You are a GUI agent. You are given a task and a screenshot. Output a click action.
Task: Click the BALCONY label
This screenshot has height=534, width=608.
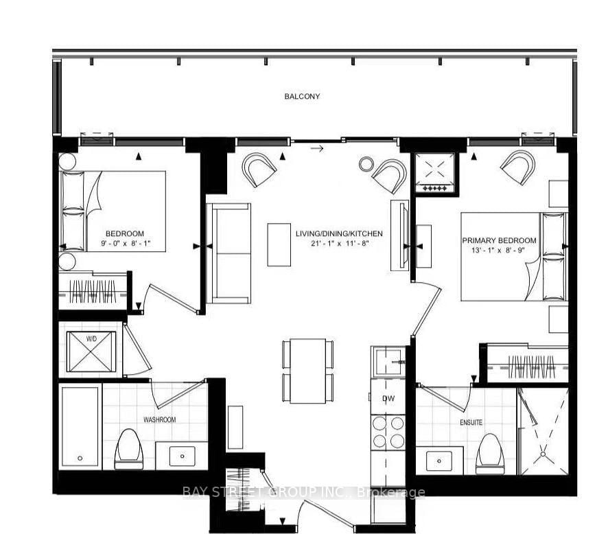(302, 97)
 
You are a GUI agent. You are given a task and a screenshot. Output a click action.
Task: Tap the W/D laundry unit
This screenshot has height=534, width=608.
(91, 349)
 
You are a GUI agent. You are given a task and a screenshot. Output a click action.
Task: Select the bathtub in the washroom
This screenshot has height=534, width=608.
(80, 426)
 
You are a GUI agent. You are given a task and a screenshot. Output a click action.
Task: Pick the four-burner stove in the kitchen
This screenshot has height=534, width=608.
(389, 432)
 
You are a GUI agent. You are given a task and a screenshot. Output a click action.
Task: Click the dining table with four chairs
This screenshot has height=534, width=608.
(307, 371)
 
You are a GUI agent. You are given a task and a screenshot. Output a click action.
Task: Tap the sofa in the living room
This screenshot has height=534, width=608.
(229, 253)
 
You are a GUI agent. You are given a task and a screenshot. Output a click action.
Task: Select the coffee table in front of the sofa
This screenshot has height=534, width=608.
(279, 244)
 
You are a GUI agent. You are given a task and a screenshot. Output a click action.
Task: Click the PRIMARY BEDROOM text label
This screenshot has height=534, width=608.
(499, 240)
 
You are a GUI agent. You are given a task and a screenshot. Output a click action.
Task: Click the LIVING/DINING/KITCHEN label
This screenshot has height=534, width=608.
(339, 234)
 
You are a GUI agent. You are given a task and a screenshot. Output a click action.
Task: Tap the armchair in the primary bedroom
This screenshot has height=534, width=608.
(518, 167)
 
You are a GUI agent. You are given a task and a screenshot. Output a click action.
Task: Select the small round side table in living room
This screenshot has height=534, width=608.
(366, 163)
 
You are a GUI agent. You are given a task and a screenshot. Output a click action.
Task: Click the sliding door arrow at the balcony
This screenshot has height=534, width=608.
(316, 148)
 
